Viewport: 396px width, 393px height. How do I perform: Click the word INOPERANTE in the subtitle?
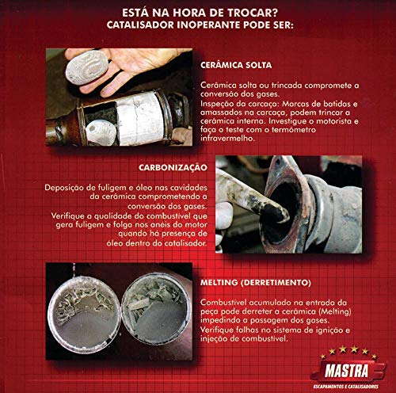point(222,25)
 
